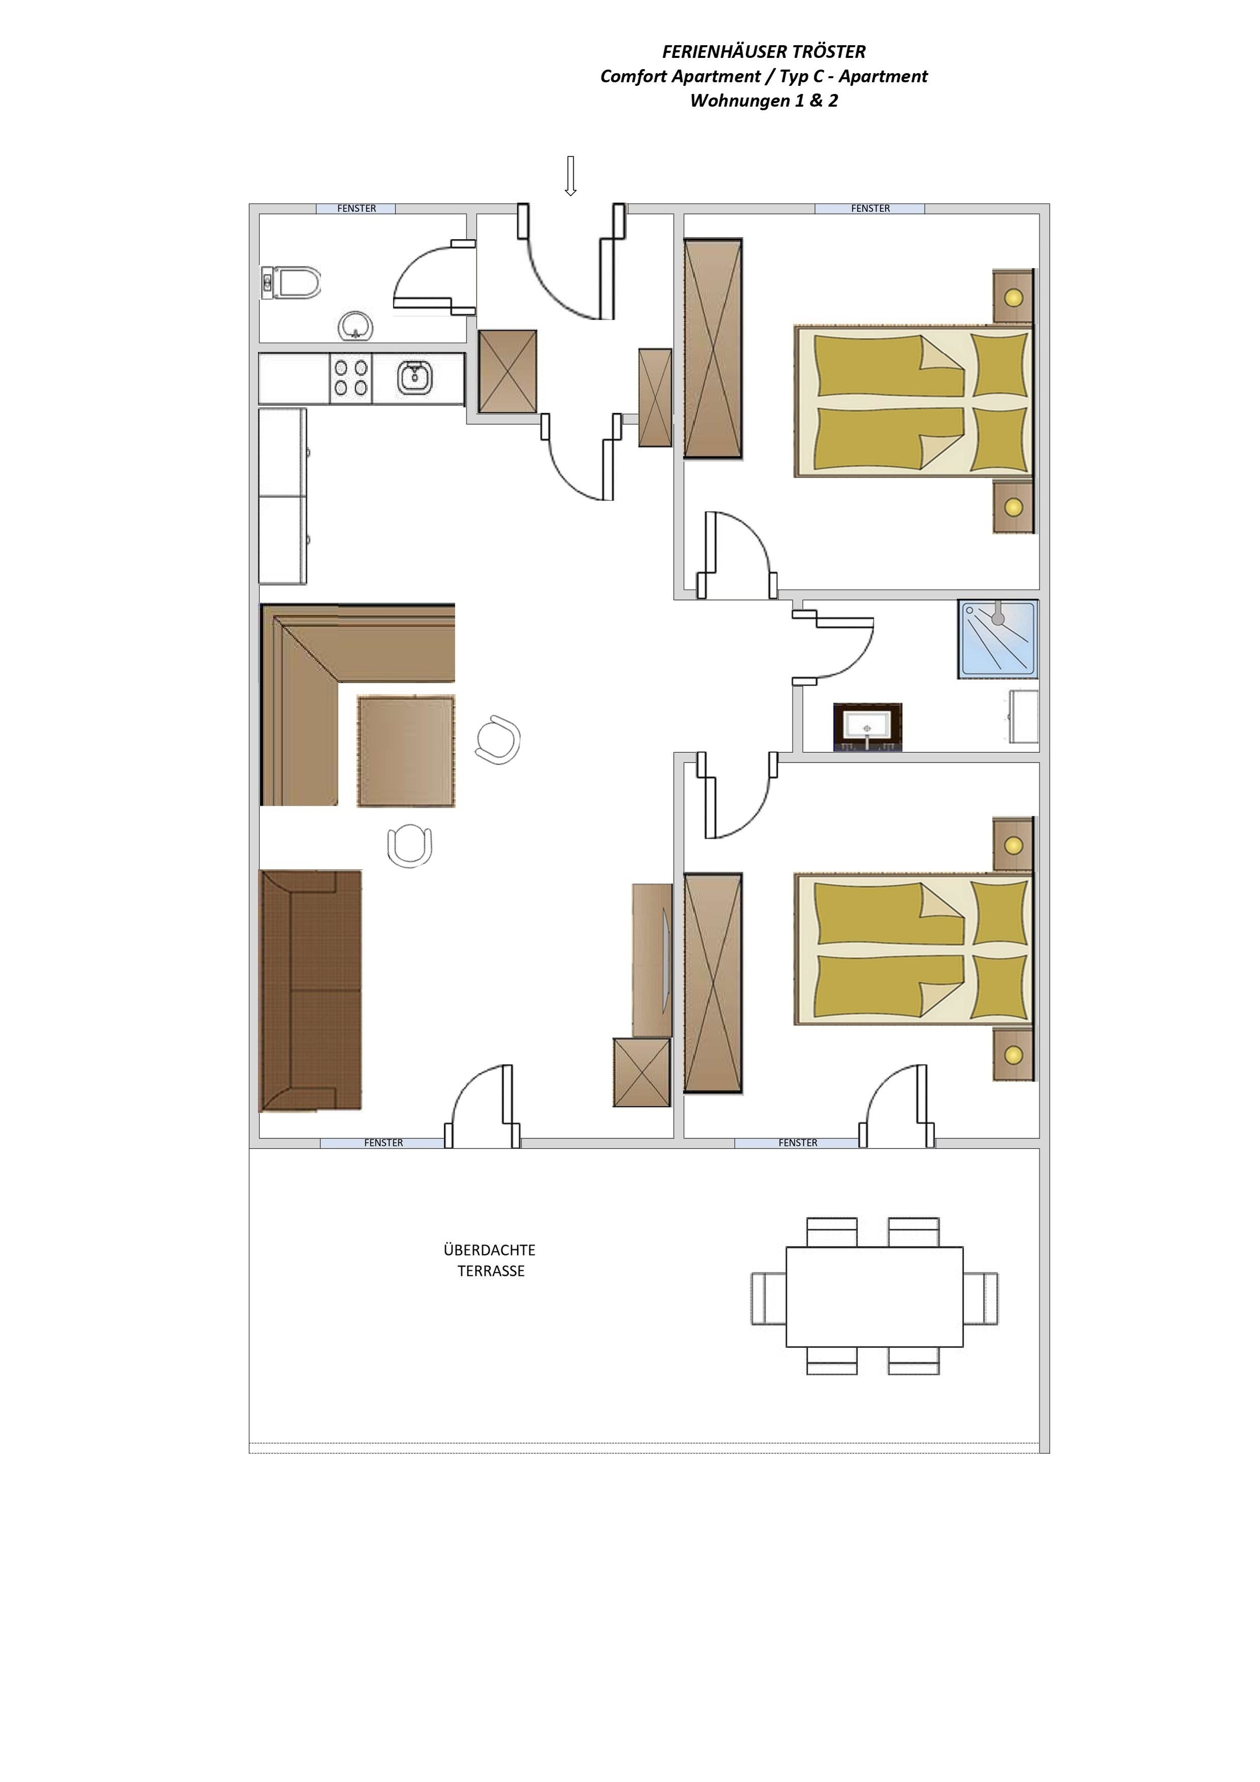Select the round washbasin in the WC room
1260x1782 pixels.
pyautogui.click(x=356, y=326)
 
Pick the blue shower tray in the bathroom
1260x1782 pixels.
pyautogui.click(x=998, y=639)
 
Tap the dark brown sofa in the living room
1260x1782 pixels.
pyautogui.click(x=310, y=991)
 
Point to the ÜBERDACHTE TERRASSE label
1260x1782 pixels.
pyautogui.click(x=490, y=1260)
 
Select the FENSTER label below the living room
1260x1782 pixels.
pyautogui.click(x=384, y=1143)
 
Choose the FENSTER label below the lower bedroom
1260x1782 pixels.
pyautogui.click(x=798, y=1143)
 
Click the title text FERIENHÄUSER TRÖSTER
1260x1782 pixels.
pyautogui.click(x=764, y=52)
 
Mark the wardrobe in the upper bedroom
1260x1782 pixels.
pyautogui.click(x=713, y=348)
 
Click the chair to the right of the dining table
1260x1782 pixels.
pyautogui.click(x=497, y=741)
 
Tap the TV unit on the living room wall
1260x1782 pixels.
pyautogui.click(x=652, y=960)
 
